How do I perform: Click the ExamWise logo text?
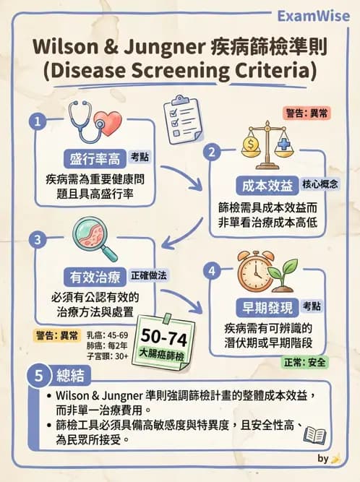[313, 17]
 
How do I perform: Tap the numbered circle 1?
[38, 122]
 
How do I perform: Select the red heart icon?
[108, 123]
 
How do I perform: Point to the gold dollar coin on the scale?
[251, 144]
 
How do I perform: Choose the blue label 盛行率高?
[95, 158]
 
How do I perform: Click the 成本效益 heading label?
[267, 186]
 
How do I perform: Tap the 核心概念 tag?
[320, 184]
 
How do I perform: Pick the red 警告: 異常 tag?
[307, 113]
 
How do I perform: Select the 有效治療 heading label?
[95, 277]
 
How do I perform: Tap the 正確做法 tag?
[149, 275]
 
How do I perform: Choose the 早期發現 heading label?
[267, 307]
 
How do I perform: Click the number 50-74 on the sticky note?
[164, 337]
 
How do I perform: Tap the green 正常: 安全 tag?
[304, 363]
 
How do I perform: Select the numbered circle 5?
[38, 376]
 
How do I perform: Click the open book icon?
[314, 435]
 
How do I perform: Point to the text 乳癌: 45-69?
[107, 335]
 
